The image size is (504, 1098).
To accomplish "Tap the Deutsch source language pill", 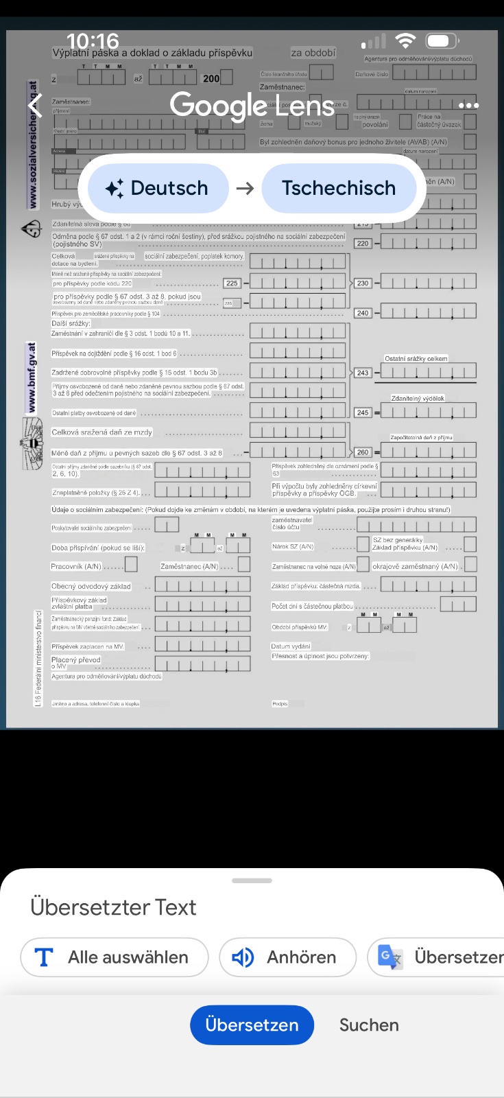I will point(157,188).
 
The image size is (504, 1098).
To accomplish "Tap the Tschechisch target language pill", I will point(339,188).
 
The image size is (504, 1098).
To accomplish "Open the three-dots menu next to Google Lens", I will point(468,106).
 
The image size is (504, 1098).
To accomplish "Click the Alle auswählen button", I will point(115,957).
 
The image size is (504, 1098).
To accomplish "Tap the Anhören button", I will point(288,957).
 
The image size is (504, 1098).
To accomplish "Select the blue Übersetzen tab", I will point(252,1025).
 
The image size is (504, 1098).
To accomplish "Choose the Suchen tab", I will point(369,1025).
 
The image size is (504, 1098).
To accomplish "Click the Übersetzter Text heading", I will point(114,907).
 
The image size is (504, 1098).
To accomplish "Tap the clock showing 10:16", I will point(93,41).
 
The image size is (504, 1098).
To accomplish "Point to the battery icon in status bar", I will point(442,41).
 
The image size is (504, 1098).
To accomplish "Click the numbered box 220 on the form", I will point(363,243).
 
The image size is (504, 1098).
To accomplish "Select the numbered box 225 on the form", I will point(232,283).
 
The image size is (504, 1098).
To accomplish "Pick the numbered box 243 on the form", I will point(363,373).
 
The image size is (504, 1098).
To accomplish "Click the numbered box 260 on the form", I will point(363,452).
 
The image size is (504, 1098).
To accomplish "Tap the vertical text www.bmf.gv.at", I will point(32,378).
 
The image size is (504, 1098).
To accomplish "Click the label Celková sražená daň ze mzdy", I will point(102,432).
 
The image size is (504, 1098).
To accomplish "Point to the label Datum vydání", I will point(291,646).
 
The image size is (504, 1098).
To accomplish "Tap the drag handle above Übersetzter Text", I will point(252,880).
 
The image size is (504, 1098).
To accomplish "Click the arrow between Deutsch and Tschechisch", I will point(245,188).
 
